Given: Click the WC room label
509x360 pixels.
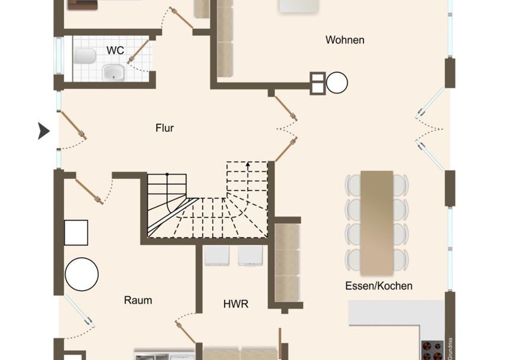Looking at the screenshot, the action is [115, 50].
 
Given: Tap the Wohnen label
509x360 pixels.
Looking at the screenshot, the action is [345, 40].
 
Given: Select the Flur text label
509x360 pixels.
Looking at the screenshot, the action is [165, 128].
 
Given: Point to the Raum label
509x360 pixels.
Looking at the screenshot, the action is [138, 301].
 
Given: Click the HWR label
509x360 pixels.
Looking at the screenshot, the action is [236, 304].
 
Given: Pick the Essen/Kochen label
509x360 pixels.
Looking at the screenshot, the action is [379, 286].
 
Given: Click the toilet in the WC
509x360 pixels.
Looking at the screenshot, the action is [84, 56].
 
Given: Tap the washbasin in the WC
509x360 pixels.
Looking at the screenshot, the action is [113, 73].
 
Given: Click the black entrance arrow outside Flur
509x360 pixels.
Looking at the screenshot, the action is [44, 131].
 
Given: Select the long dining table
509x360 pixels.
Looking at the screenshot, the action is [377, 223].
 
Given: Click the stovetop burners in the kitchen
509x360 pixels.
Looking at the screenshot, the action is [432, 351].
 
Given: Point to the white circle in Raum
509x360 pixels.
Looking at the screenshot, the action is [82, 274].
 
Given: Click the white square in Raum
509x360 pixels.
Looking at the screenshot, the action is [76, 233].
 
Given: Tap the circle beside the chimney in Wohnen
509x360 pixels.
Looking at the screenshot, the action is [337, 82].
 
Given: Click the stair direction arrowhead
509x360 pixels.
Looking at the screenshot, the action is [248, 164].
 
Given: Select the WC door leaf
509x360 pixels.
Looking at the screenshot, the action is [138, 52].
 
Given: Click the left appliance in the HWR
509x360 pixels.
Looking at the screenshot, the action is [217, 256].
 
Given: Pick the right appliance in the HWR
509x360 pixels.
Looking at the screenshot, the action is [250, 256].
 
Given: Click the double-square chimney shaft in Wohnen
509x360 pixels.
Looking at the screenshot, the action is [318, 83].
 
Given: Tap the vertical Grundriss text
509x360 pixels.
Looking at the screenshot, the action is [450, 349].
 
